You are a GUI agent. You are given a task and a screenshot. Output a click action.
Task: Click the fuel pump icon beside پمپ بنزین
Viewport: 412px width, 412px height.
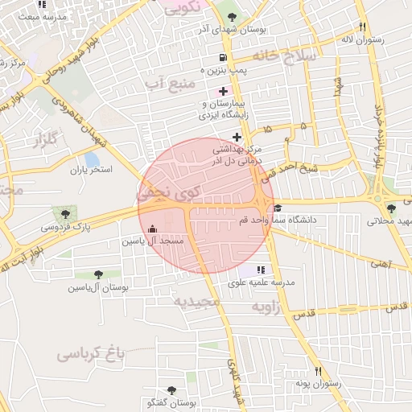point(223,58)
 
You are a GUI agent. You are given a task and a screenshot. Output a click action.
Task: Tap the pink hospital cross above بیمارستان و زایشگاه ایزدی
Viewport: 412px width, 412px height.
point(223,92)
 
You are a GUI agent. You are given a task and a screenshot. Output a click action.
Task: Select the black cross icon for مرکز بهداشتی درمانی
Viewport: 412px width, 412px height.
point(236,137)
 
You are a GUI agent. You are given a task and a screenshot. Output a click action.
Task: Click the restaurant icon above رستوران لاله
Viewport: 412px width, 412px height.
point(362,26)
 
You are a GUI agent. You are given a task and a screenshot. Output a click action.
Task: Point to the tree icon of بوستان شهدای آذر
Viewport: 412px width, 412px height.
point(233,16)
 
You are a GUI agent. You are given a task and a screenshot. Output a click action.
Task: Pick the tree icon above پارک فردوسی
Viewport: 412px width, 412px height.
point(64,214)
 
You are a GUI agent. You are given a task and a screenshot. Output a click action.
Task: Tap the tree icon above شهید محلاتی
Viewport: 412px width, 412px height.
point(391,208)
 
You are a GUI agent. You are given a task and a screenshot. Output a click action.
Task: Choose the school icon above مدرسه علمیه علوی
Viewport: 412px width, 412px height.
point(260,270)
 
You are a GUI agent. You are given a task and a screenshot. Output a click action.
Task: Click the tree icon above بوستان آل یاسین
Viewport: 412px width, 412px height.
point(97,274)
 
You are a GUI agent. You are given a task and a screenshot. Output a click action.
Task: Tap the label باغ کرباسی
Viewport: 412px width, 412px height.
point(93,353)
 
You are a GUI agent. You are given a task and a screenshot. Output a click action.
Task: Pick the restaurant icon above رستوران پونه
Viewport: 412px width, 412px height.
point(319,371)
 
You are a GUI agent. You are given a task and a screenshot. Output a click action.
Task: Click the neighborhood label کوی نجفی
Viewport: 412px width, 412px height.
point(167,193)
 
